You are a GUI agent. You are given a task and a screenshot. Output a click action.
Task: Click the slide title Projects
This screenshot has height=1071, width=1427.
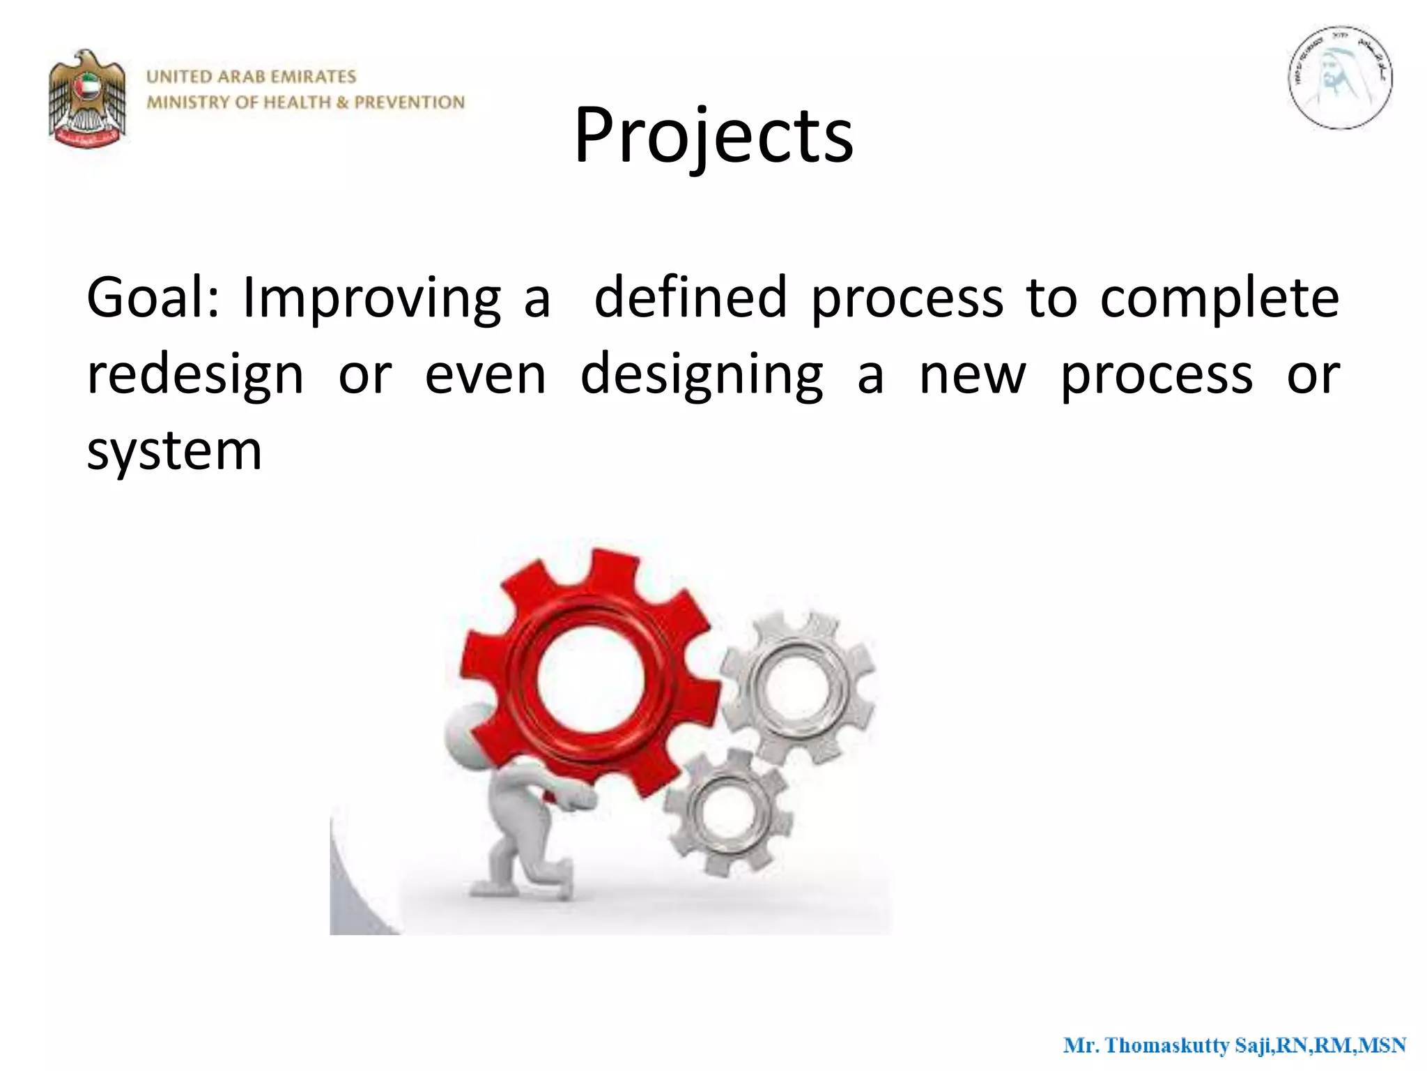coord(713,136)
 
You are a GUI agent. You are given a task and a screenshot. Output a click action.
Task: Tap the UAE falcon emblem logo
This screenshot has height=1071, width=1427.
coord(88,98)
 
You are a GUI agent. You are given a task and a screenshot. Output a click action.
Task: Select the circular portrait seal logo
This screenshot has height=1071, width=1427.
coord(1339,78)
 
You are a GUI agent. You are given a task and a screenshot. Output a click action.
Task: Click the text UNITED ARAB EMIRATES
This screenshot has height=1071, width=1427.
coord(252,77)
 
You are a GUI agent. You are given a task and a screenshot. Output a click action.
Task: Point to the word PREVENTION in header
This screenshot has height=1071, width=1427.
coord(409,102)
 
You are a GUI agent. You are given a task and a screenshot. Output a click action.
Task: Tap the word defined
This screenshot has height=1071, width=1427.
coord(690,298)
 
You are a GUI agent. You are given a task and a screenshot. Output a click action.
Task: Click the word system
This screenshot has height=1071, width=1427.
coord(174,452)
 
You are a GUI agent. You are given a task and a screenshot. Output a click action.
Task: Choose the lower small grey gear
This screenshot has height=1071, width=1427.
coord(727,811)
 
